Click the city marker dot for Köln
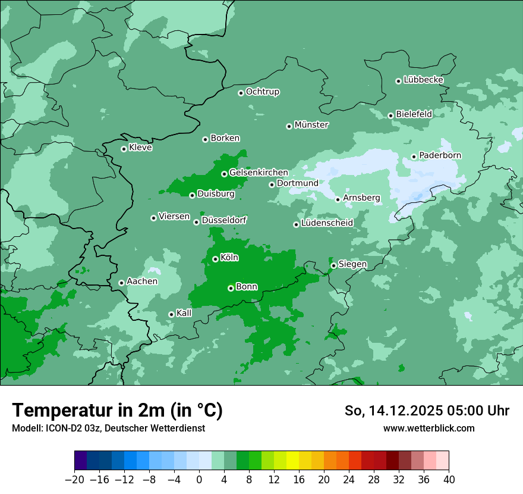tap(215, 259)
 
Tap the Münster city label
tap(311, 125)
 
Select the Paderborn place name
tap(440, 155)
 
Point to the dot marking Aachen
tap(121, 283)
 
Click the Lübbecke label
tap(423, 80)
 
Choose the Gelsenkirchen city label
tap(259, 173)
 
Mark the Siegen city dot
tap(333, 265)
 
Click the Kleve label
tap(140, 148)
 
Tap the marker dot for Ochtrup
tap(241, 93)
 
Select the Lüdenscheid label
tap(327, 223)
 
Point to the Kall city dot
tap(171, 314)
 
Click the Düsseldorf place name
tap(224, 220)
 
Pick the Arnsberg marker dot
tap(338, 199)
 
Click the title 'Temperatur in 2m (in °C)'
tap(117, 410)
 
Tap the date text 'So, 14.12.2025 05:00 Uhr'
tap(427, 411)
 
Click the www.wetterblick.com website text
tap(429, 428)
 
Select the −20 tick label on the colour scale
tap(75, 480)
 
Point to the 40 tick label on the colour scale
tap(449, 480)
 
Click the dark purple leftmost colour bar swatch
tap(81, 461)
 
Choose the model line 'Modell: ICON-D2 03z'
tap(108, 428)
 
